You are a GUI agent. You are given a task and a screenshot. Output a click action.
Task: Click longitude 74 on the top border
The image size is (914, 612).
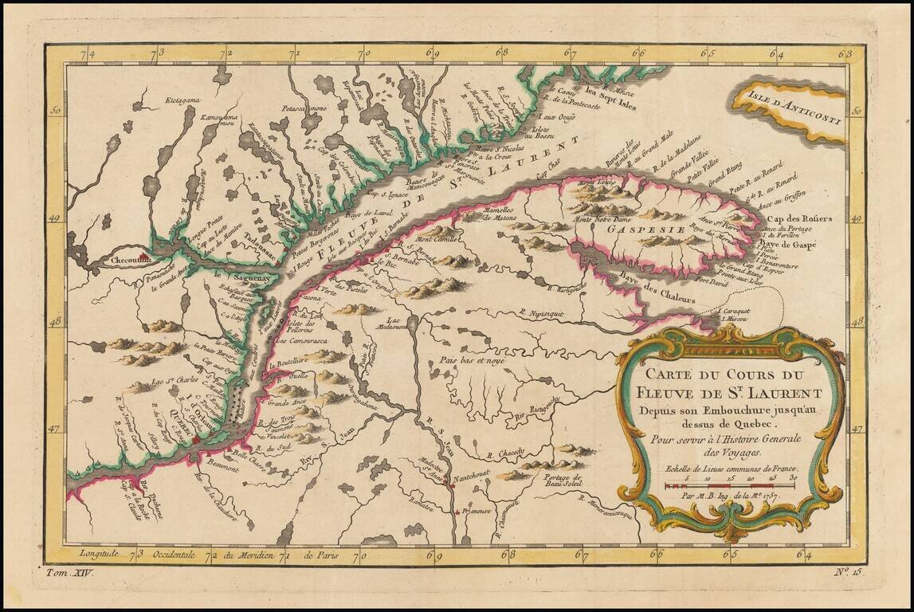click(x=90, y=54)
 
